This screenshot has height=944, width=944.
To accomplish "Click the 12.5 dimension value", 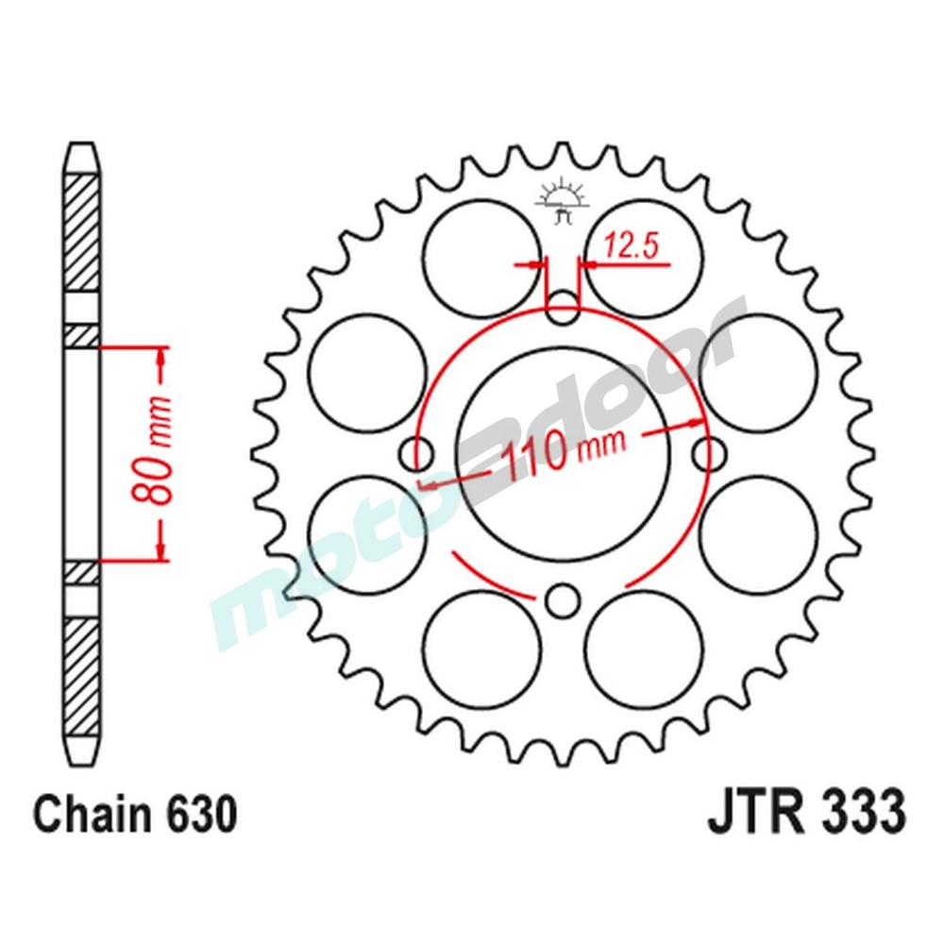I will (630, 247).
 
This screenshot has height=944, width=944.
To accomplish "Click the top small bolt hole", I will (564, 308).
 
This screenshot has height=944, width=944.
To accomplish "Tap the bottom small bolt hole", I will (564, 599).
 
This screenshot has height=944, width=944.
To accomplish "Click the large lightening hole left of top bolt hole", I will (481, 258).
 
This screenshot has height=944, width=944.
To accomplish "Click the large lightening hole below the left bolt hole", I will (367, 534).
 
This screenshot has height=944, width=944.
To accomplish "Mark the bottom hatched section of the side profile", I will (81, 675).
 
